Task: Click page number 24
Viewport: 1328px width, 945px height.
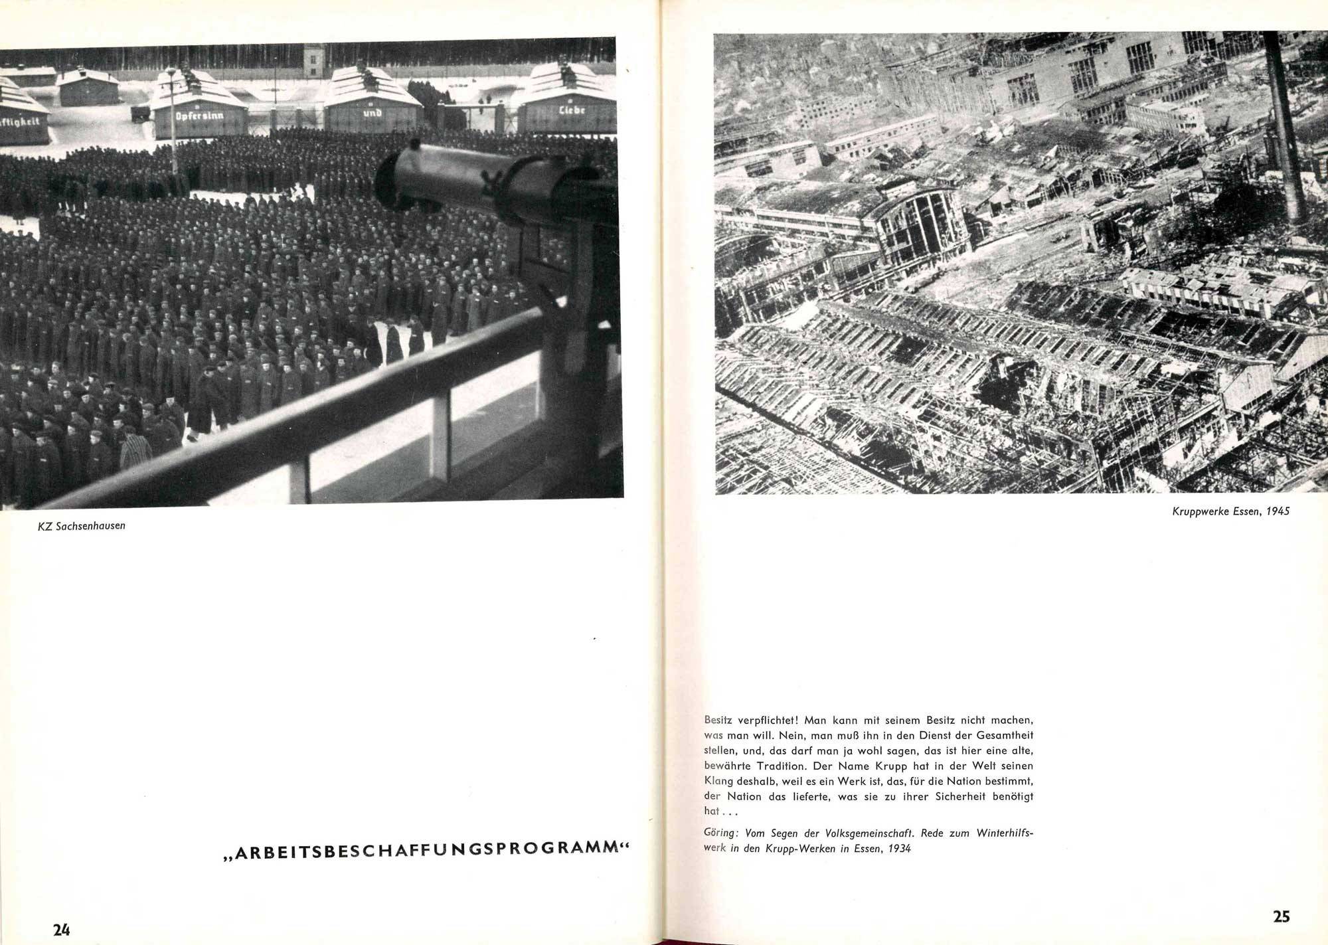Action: [x=62, y=930]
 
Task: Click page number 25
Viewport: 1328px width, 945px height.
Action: [x=1281, y=916]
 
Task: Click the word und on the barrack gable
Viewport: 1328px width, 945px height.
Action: [x=372, y=112]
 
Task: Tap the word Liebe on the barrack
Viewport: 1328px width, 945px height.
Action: [x=571, y=111]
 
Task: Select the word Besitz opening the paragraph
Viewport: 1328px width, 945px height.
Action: [x=719, y=719]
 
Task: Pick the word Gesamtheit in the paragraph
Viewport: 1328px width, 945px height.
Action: [x=1001, y=735]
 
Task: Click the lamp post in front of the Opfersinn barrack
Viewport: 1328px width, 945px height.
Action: [x=172, y=106]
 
